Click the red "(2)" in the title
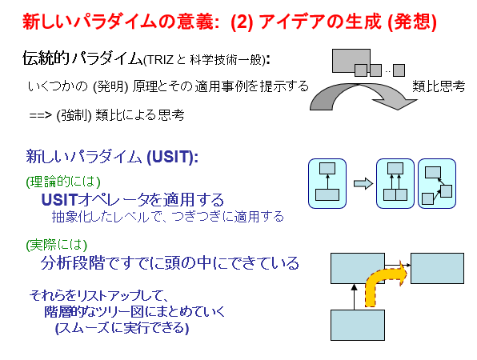point(242,22)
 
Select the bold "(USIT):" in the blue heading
point(173,157)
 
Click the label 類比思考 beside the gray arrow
point(439,86)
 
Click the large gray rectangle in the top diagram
point(351,60)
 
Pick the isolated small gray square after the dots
point(399,70)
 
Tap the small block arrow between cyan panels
point(363,183)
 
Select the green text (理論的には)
point(63,182)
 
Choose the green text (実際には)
point(57,245)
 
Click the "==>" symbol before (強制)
point(41,115)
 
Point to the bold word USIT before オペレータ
point(59,200)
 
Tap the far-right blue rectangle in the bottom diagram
point(437,268)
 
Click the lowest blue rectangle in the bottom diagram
point(358,325)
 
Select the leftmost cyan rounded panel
point(327,184)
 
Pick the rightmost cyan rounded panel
point(437,184)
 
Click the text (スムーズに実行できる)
point(122,328)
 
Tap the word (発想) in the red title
point(412,22)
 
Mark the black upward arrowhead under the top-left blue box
point(354,287)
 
